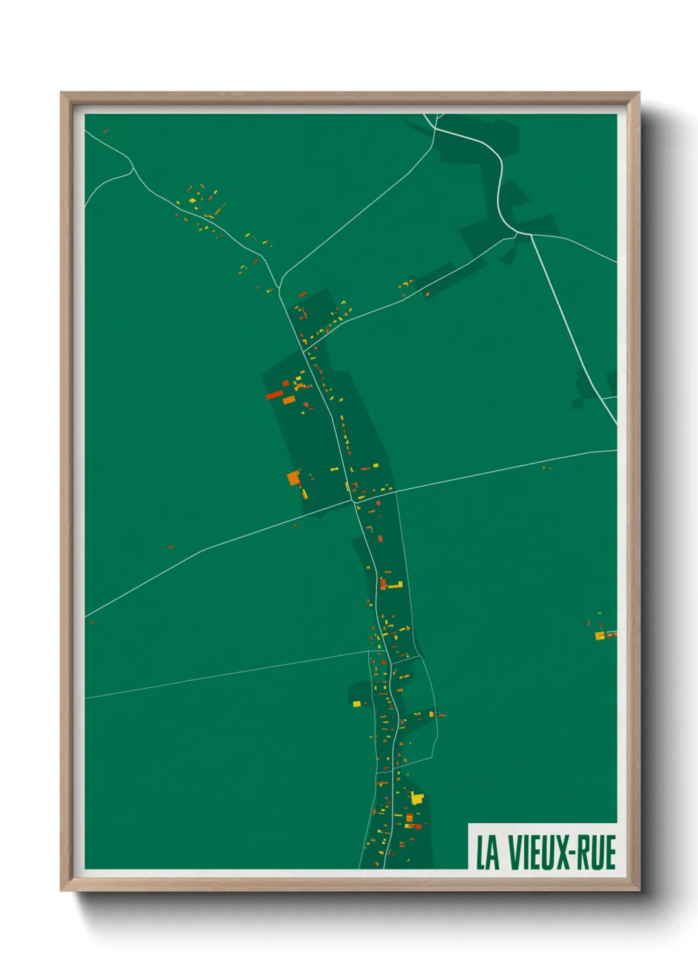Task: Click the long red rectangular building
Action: pos(274,395)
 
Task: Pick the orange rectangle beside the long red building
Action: pos(289,400)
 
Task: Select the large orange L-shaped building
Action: pos(294,477)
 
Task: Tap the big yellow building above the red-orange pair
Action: pos(416,798)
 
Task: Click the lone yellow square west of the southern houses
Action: pos(357,704)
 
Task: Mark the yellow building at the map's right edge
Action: pos(600,636)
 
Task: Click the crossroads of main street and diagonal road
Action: pos(354,501)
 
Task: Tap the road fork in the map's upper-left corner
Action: pos(132,168)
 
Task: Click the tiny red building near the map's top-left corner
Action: pos(106,131)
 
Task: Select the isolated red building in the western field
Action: pos(170,547)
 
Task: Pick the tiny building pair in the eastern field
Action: pos(546,468)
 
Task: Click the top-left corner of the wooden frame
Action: pos(61,93)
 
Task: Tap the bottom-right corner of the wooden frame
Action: pos(639,890)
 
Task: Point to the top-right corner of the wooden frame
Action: pos(639,93)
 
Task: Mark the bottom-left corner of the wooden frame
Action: pos(61,890)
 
